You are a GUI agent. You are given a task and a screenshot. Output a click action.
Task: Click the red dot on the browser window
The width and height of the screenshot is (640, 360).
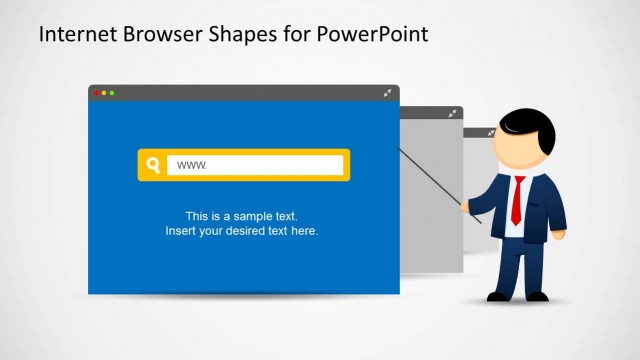coord(96,93)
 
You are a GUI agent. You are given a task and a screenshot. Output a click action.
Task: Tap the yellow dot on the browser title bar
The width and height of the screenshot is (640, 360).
coord(104,93)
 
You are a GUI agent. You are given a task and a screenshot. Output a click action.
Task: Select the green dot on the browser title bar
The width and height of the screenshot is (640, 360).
coord(112,93)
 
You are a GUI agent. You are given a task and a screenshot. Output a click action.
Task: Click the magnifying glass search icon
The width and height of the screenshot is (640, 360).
coord(153,165)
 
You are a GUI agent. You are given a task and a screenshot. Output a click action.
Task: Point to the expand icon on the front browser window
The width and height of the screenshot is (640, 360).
coord(388,93)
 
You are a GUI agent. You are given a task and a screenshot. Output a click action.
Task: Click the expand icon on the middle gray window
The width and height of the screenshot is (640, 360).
coord(454,114)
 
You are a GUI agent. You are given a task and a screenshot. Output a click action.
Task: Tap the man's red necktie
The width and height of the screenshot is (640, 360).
coord(517,199)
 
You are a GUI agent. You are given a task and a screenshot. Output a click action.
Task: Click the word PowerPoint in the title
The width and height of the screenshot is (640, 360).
coord(372,35)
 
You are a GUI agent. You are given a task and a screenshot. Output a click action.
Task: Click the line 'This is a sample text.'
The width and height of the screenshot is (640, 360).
coord(242,216)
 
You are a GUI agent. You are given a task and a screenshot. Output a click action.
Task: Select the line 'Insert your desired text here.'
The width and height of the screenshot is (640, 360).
coord(242,231)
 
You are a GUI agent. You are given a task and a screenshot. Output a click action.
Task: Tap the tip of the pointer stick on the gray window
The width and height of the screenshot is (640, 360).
coord(401,150)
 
